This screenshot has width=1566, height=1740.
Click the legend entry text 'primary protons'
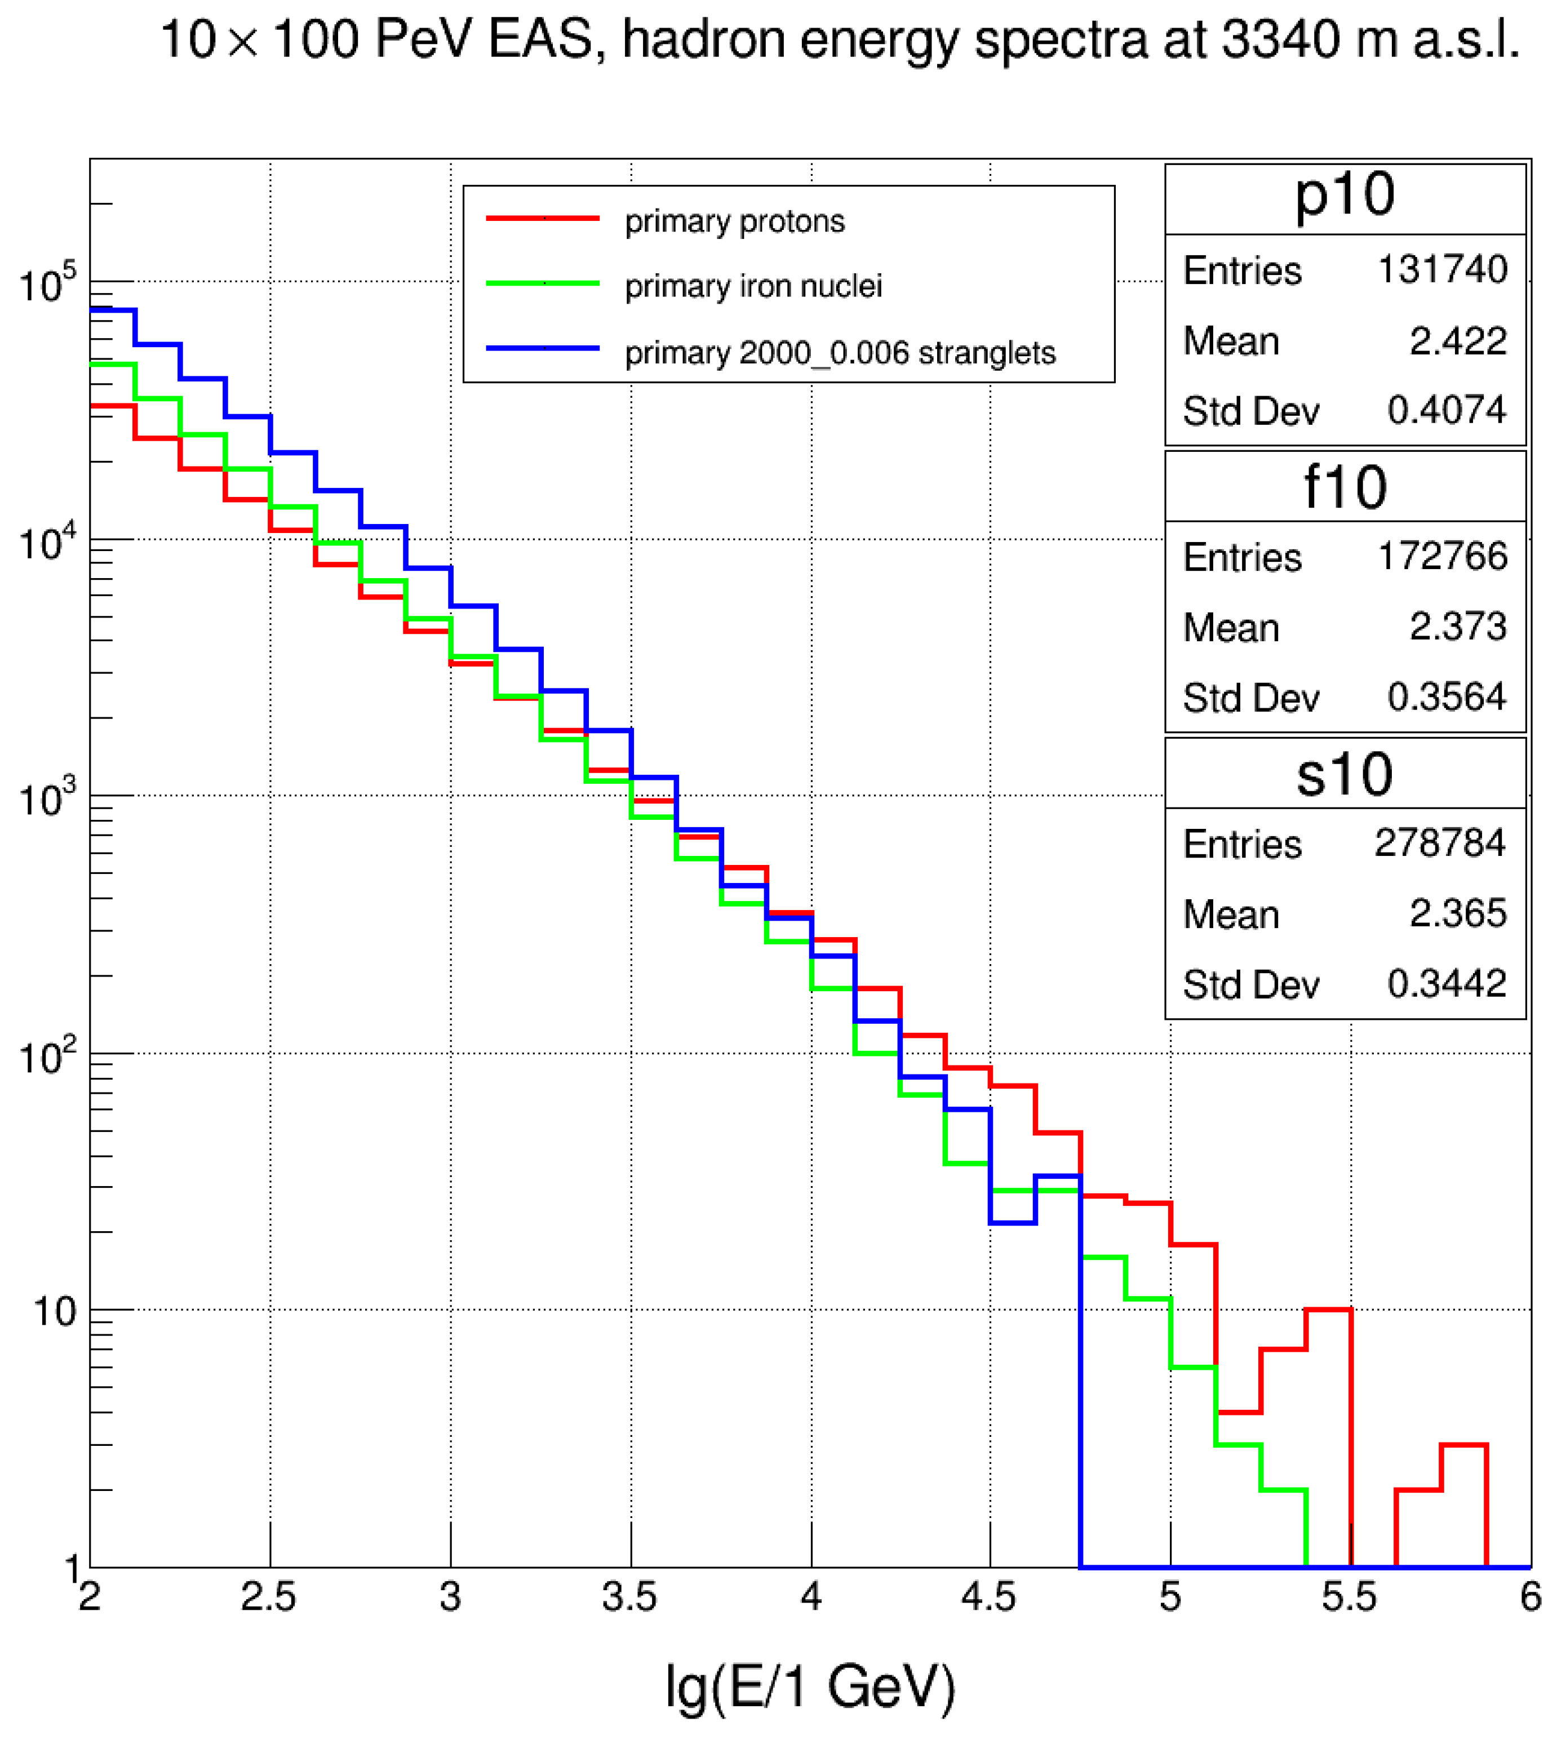pos(735,222)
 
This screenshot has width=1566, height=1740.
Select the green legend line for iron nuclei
pos(543,283)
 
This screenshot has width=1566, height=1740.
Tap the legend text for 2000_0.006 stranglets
pos(840,353)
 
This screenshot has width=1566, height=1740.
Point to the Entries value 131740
pos(1442,269)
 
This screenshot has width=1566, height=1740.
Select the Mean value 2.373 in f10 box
pos(1458,627)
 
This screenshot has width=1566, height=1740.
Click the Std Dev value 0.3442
pos(1447,984)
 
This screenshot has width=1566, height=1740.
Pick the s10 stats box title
pos(1345,774)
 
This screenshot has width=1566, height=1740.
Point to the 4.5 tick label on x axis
pos(990,1597)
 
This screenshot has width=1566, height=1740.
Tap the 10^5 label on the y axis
pos(47,284)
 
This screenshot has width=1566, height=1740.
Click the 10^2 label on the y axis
pos(47,1056)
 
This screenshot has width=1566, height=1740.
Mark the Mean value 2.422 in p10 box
pos(1458,341)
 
